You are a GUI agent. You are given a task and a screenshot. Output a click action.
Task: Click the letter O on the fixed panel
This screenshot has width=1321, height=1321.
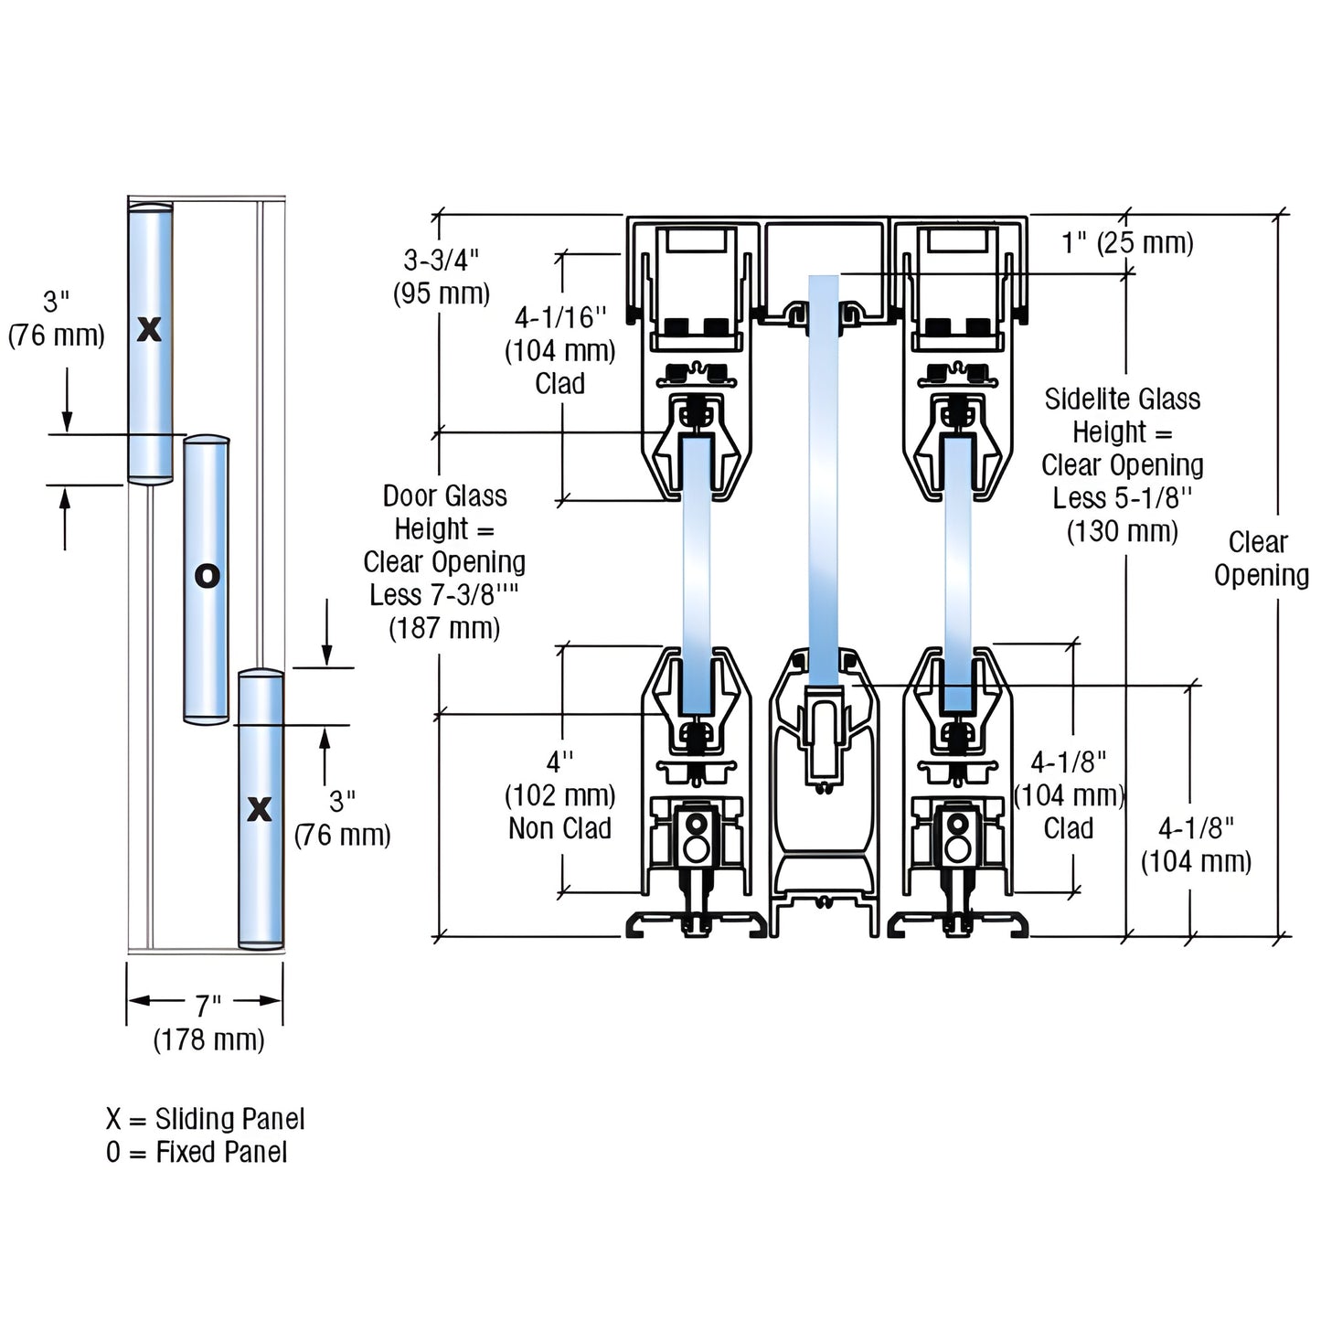coord(208,576)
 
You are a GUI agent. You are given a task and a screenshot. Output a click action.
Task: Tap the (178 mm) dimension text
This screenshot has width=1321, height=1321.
coord(208,1039)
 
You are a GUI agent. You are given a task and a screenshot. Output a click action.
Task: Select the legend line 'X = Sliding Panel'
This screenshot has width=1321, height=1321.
coord(205,1118)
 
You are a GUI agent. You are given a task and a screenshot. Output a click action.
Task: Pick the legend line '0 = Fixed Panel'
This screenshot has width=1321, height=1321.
coord(197,1152)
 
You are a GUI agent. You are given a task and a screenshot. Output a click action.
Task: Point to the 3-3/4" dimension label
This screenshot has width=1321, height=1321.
coord(442,261)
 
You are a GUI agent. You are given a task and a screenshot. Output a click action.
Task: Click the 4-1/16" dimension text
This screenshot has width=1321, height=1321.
coord(560,317)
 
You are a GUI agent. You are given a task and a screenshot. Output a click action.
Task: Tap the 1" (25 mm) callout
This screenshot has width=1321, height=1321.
coord(1126,242)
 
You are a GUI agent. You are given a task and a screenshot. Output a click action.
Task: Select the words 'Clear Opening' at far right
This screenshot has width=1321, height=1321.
coord(1261,559)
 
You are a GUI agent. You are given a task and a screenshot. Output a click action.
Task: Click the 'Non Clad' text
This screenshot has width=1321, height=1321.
coord(559,828)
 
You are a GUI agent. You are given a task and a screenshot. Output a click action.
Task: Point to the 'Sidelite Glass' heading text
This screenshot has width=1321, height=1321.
coord(1122,399)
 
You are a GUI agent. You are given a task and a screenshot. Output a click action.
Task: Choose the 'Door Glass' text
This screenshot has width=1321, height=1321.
coord(444,495)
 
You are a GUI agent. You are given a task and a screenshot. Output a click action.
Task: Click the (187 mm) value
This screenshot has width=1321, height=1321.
coord(444,628)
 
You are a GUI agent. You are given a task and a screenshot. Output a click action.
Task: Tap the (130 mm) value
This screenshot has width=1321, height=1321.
coord(1122,531)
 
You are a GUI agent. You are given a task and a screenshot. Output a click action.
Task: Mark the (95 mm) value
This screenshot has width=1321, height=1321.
coord(442,293)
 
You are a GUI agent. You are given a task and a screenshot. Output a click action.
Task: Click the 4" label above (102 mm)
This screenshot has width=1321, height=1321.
coord(559,762)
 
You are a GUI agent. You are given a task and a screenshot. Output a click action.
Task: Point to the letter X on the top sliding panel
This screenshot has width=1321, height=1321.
coord(149,328)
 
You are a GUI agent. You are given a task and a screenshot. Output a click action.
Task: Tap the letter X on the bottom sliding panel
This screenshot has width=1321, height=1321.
coord(260,808)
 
